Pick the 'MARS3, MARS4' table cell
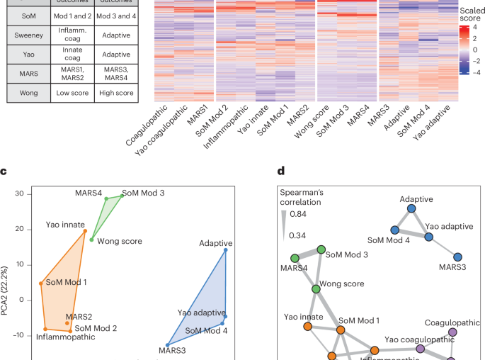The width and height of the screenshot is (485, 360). (114, 74)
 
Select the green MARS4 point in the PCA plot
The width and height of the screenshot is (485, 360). (106, 198)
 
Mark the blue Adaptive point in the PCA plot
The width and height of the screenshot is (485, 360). (225, 249)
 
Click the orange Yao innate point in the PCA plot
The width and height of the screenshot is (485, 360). (85, 231)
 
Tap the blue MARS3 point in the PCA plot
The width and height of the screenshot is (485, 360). (167, 344)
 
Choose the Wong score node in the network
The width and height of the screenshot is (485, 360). (316, 288)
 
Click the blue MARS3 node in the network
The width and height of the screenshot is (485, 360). (457, 257)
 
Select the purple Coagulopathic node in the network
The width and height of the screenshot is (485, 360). (452, 332)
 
